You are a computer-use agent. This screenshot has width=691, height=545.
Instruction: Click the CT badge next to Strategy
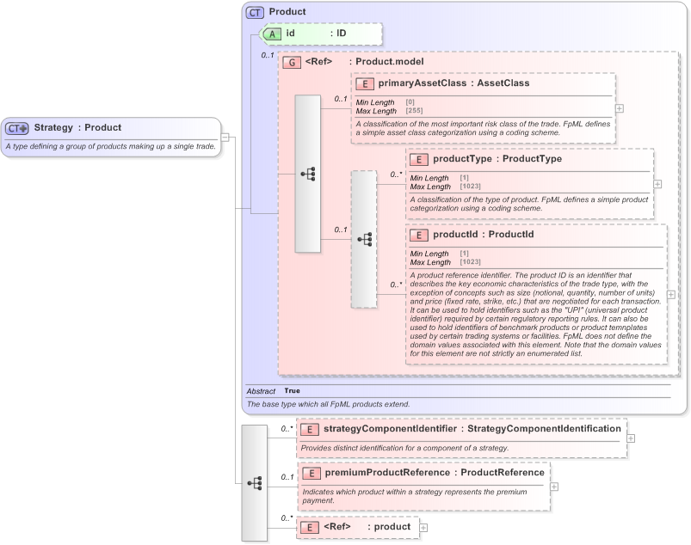(x=17, y=128)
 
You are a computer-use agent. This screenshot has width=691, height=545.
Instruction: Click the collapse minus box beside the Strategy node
(x=224, y=137)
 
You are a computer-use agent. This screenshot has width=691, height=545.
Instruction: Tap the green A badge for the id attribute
(x=272, y=34)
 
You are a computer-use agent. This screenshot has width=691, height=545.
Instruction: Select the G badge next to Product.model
(x=292, y=62)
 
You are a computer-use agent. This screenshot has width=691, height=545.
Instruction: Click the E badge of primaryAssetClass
(x=365, y=83)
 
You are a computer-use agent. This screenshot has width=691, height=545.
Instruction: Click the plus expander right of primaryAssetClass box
(x=620, y=108)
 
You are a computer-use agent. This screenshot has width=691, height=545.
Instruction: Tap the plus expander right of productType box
(x=657, y=184)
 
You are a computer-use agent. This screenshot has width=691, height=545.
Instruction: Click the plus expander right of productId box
(x=671, y=294)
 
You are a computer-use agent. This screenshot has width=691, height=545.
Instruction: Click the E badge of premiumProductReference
(x=311, y=473)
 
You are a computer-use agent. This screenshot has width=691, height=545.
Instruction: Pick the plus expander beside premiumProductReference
(x=554, y=487)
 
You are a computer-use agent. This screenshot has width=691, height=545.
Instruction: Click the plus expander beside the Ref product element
(x=423, y=527)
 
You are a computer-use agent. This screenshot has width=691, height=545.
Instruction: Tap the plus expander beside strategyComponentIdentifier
(x=632, y=438)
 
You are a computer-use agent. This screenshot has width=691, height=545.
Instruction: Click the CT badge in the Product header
(x=256, y=12)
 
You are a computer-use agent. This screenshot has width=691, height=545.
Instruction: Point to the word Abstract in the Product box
(x=262, y=390)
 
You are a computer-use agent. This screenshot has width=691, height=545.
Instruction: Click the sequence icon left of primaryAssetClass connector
(x=308, y=174)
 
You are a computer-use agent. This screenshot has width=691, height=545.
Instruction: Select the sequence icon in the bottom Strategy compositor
(x=255, y=483)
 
